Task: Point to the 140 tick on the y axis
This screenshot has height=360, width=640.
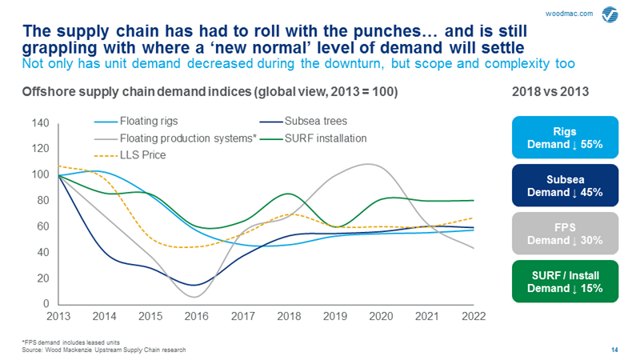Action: point(42,123)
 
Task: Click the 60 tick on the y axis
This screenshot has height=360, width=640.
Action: point(45,226)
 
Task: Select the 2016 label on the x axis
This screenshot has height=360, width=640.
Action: point(197,317)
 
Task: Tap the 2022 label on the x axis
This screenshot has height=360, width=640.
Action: point(474,317)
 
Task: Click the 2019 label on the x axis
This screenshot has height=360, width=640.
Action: point(335,317)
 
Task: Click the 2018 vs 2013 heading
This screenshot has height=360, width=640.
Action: point(550,92)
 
